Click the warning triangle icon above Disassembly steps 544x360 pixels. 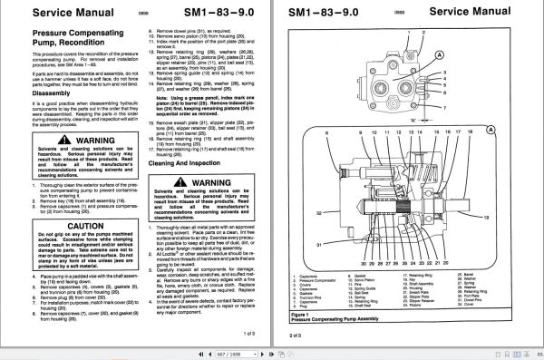43,141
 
